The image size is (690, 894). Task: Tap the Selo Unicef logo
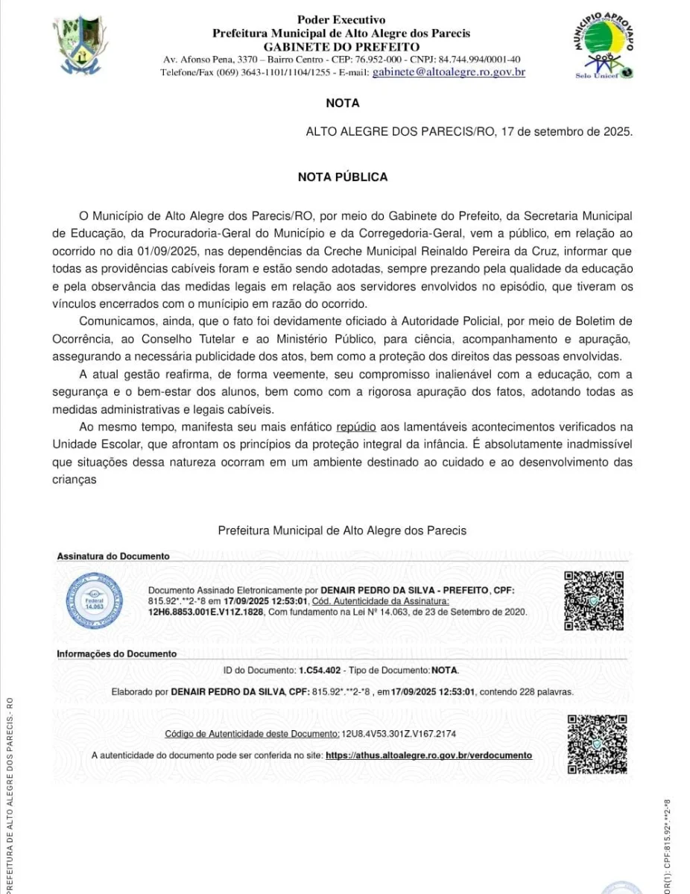pyautogui.click(x=603, y=47)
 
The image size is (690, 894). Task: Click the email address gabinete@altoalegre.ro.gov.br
pyautogui.click(x=449, y=72)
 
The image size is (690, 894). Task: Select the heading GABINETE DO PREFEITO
pyautogui.click(x=341, y=46)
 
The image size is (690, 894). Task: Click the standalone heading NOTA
pyautogui.click(x=342, y=104)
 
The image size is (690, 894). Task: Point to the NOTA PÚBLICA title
pyautogui.click(x=342, y=177)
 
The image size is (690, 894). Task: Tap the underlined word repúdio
pyautogui.click(x=356, y=428)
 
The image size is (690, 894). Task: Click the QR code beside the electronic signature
pyautogui.click(x=592, y=600)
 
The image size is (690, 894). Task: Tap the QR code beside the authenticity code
pyautogui.click(x=595, y=742)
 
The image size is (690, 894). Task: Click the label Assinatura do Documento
pyautogui.click(x=113, y=557)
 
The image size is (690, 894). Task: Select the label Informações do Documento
pyautogui.click(x=116, y=653)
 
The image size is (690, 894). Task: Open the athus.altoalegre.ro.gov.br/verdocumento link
pyautogui.click(x=429, y=755)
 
